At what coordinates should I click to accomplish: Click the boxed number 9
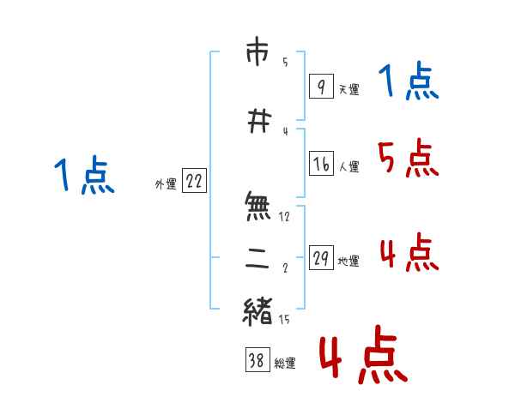pos(320,87)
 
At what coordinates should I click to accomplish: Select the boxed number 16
pos(321,164)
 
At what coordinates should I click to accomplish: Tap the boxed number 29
pos(321,258)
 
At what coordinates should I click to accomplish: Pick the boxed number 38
pos(256,360)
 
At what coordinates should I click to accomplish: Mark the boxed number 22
pos(194,181)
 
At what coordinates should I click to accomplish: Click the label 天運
pos(348,89)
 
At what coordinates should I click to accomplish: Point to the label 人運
pos(348,167)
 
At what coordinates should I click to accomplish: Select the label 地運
pos(348,262)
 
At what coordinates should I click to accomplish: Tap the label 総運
pos(284,364)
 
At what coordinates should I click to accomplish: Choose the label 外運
pos(165,184)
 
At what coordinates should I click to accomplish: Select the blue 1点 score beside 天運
pos(409,81)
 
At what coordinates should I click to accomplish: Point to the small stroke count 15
pos(285,320)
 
